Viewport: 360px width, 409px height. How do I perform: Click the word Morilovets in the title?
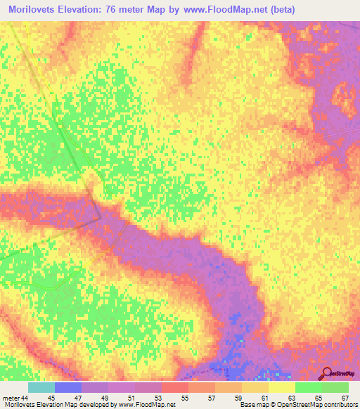click(34, 9)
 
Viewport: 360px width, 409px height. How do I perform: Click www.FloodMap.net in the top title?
click(228, 9)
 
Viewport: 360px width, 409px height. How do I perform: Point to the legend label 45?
click(55, 398)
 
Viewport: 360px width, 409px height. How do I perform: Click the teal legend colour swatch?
click(41, 387)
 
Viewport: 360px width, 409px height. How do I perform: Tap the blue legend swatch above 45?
click(68, 387)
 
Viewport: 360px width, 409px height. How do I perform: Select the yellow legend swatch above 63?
click(282, 387)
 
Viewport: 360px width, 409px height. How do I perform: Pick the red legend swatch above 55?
click(175, 387)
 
